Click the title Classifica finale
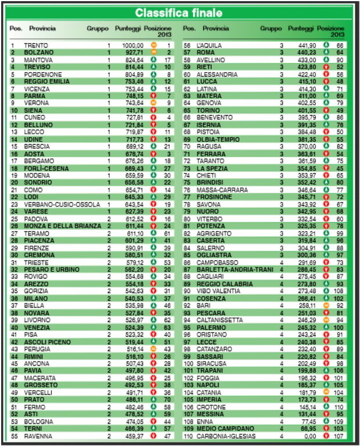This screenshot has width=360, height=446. pyautogui.click(x=180, y=13)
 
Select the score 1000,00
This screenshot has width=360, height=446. pyautogui.click(x=133, y=45)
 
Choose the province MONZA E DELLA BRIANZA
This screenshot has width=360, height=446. pyautogui.click(x=58, y=226)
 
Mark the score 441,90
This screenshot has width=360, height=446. pyautogui.click(x=305, y=45)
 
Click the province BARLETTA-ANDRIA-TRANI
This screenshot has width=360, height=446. pyautogui.click(x=234, y=269)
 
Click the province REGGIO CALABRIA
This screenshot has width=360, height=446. pyautogui.click(x=224, y=284)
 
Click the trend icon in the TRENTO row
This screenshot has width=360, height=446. pyautogui.click(x=154, y=45)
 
